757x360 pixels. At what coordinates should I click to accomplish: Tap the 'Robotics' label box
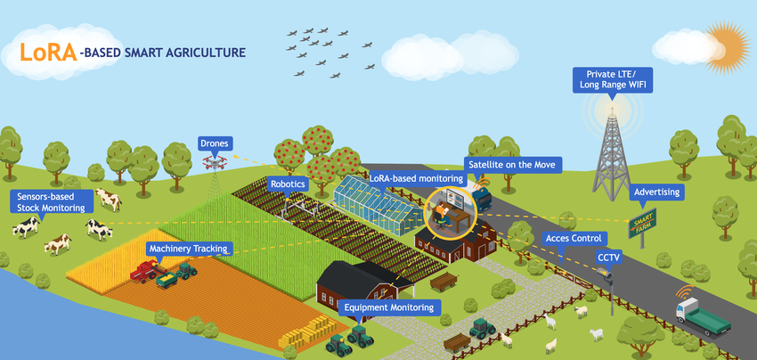click(288, 184)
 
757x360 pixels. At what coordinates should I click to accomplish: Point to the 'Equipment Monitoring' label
click(390, 307)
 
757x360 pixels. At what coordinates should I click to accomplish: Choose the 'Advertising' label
click(656, 192)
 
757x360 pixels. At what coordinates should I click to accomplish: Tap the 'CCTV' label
click(610, 258)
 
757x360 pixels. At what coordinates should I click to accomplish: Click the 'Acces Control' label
click(575, 239)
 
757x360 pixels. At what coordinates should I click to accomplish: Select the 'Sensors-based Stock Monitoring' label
click(52, 201)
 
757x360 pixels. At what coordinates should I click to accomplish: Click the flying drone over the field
click(214, 161)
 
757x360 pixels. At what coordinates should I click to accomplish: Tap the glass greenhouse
click(379, 201)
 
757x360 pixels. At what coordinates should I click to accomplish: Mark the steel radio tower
click(611, 156)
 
